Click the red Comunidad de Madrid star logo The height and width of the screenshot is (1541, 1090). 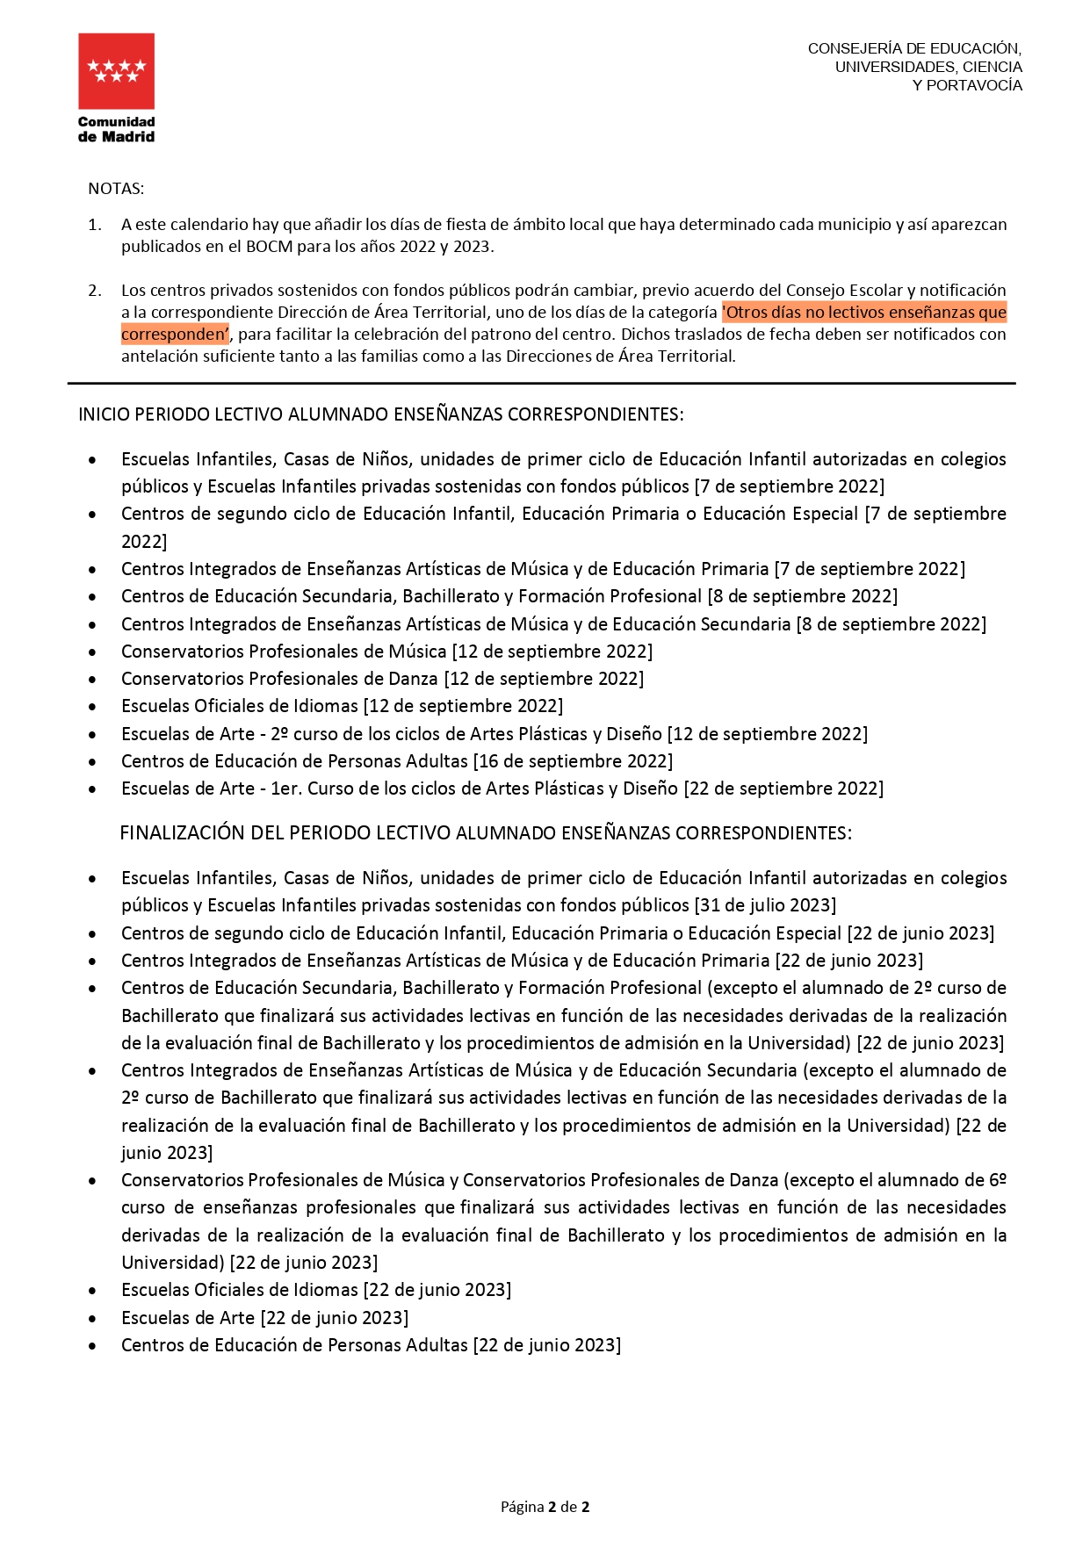click(x=116, y=71)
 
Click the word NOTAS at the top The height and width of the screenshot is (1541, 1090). click(x=116, y=189)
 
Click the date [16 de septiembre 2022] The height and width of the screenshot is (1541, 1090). click(x=574, y=761)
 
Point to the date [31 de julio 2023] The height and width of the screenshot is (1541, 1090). click(x=765, y=905)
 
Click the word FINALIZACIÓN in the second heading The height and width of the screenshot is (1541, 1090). click(x=182, y=833)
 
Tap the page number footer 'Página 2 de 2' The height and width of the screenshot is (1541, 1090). click(x=545, y=1507)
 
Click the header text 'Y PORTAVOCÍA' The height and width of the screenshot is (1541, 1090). click(x=967, y=85)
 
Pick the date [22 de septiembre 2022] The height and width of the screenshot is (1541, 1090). click(x=783, y=789)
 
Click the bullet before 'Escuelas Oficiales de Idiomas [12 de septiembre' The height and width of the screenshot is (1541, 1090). click(x=92, y=707)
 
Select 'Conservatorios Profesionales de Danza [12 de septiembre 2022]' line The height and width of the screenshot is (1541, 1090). click(x=382, y=679)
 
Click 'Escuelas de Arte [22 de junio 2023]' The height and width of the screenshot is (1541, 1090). click(x=264, y=1318)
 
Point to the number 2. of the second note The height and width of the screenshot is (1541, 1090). click(x=95, y=291)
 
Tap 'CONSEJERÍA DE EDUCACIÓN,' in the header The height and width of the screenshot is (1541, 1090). click(x=914, y=48)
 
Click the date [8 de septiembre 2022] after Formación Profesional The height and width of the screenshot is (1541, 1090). click(x=803, y=596)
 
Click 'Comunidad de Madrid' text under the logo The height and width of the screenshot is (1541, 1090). click(x=116, y=129)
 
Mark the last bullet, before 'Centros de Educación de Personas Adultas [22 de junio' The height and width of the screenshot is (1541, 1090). click(x=92, y=1346)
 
